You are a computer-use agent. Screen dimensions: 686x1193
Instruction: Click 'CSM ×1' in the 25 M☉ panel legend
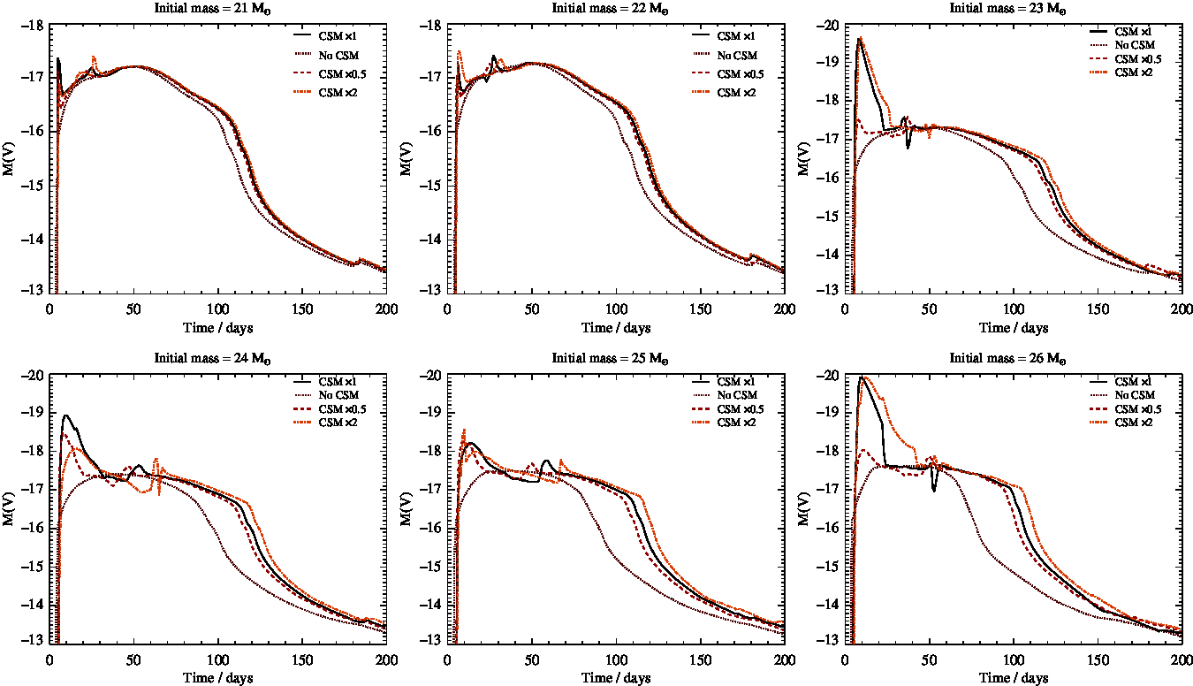tap(735, 381)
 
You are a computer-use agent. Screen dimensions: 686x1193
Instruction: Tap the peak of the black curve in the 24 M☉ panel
tap(65, 415)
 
